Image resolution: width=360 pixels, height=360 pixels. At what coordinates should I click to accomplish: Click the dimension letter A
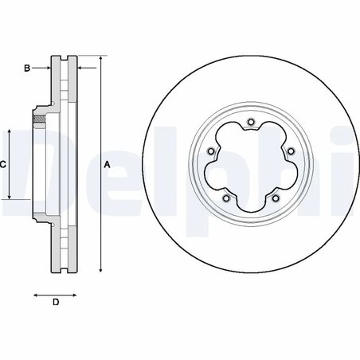[x=108, y=164]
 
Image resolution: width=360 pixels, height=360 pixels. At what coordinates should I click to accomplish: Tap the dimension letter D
[x=56, y=303]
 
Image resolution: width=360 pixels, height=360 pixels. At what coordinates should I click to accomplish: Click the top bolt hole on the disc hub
[x=251, y=122]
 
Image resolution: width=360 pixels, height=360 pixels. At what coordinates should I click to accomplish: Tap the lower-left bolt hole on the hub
[x=226, y=199]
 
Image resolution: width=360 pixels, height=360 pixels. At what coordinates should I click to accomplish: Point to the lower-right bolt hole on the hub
[x=276, y=199]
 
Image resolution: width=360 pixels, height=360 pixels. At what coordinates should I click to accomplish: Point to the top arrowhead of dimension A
[x=102, y=60]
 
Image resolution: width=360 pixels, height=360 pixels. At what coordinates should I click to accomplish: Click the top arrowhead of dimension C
[x=10, y=130]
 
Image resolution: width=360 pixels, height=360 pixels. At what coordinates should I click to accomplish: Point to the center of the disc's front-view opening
[x=251, y=164]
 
